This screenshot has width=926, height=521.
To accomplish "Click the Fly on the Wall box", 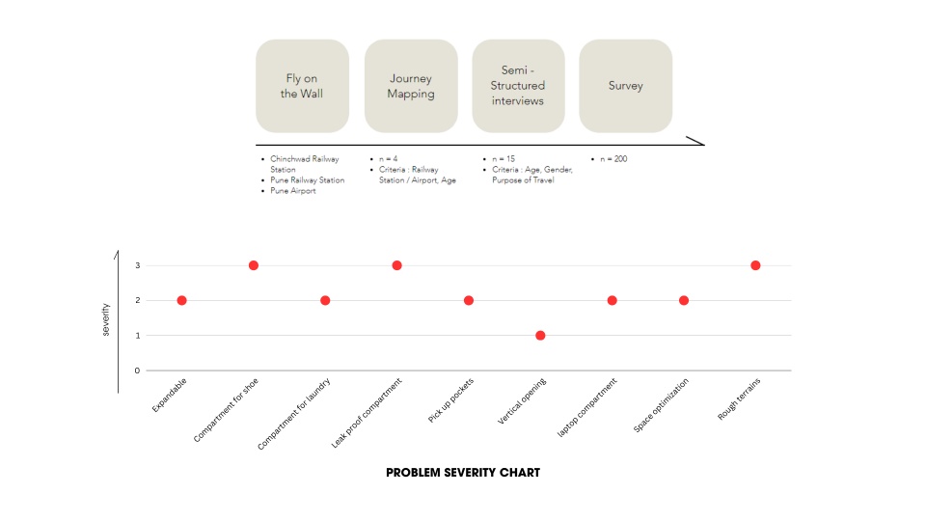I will pyautogui.click(x=302, y=86).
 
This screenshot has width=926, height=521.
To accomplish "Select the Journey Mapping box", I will pyautogui.click(x=411, y=86).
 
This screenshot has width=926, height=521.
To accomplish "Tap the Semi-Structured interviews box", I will pyautogui.click(x=518, y=86).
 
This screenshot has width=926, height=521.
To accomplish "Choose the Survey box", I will pyautogui.click(x=625, y=86).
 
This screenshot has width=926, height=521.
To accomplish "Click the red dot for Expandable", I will pyautogui.click(x=181, y=300).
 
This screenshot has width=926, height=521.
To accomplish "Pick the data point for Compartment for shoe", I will pyautogui.click(x=254, y=265).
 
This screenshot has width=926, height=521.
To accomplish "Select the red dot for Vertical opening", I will pyautogui.click(x=540, y=336).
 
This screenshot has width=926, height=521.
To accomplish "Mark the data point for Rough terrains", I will pyautogui.click(x=755, y=265).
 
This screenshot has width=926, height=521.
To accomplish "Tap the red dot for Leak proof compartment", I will pyautogui.click(x=396, y=265).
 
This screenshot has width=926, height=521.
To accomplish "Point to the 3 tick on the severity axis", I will pyautogui.click(x=137, y=265).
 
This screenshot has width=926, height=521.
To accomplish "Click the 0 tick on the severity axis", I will pyautogui.click(x=137, y=370).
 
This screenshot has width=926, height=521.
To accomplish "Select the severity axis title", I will pyautogui.click(x=106, y=318).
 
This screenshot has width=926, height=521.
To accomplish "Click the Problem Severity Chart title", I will pyautogui.click(x=463, y=473).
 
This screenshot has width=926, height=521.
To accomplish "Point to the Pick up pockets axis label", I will pyautogui.click(x=451, y=400).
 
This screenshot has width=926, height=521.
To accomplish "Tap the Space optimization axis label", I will pyautogui.click(x=662, y=406).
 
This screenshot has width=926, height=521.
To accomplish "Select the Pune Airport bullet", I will pyautogui.click(x=293, y=191).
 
